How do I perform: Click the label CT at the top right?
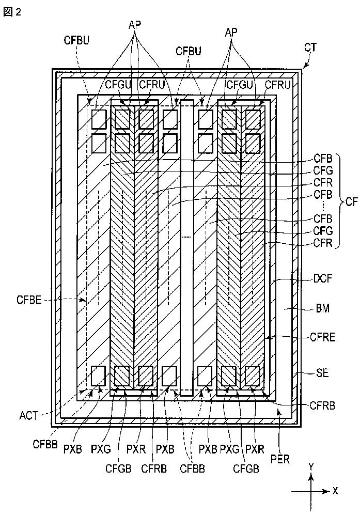310,48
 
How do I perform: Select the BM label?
322,308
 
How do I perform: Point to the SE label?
322,373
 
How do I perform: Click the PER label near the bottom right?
280,459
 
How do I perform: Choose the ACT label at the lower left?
29,416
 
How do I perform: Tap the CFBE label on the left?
29,300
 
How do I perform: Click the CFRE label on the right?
322,338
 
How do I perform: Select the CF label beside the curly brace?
351,201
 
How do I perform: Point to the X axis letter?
335,491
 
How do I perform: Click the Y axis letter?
311,466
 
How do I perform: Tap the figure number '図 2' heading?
12,12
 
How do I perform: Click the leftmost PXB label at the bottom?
72,449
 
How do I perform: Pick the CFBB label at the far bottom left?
45,444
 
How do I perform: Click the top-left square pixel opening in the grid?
99,119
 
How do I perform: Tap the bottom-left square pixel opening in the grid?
98,376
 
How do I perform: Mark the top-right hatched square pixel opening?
253,119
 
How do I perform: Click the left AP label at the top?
134,25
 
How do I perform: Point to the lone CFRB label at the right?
322,405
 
